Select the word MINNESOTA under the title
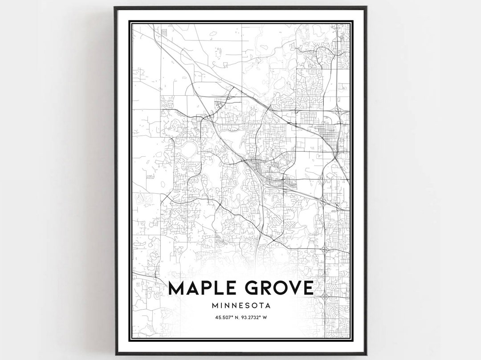point(240,306)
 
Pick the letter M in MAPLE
point(178,288)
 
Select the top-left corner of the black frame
point(115,7)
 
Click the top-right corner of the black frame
point(366,7)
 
